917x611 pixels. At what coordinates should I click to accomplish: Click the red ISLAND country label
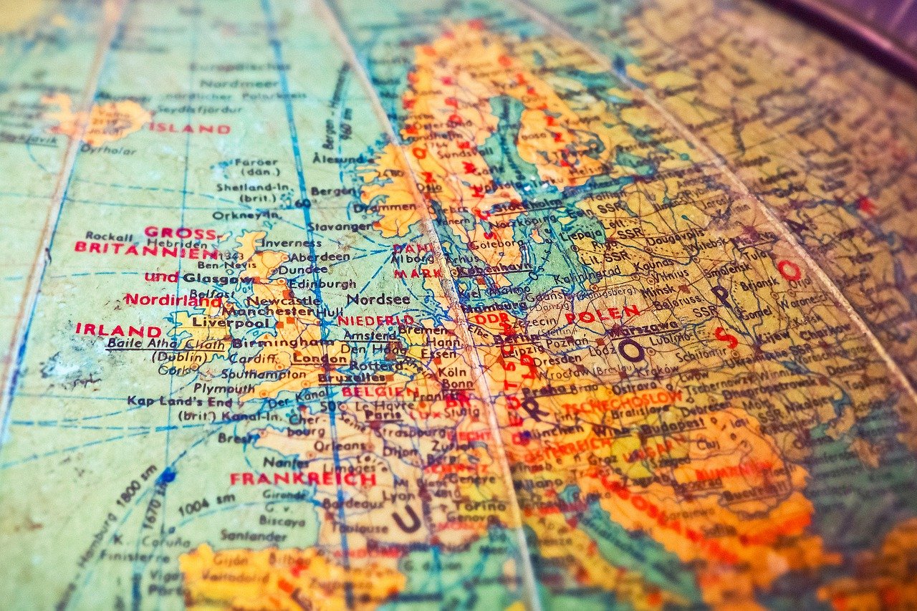[190, 129]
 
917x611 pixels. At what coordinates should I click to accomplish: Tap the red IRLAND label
[118, 330]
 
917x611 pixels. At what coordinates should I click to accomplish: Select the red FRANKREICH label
[302, 478]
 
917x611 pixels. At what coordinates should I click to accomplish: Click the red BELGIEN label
[380, 392]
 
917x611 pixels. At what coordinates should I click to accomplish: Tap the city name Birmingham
[273, 342]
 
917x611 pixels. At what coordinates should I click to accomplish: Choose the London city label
[311, 359]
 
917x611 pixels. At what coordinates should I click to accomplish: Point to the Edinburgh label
[311, 284]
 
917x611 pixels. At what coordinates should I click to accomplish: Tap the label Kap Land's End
[180, 401]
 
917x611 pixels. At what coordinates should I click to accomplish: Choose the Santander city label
[244, 535]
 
